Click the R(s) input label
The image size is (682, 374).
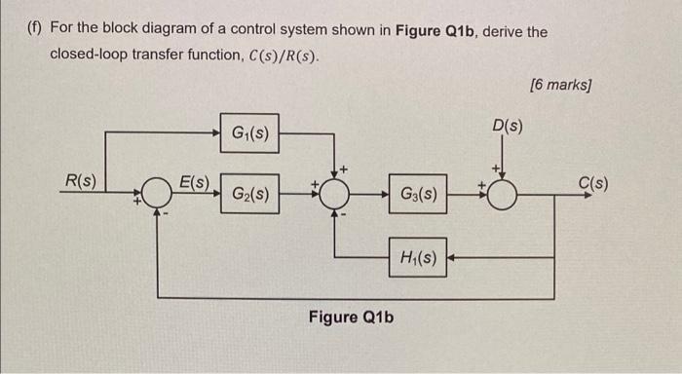pyautogui.click(x=80, y=180)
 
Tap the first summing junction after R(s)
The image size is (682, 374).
pyautogui.click(x=158, y=193)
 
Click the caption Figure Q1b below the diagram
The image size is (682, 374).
pyautogui.click(x=352, y=318)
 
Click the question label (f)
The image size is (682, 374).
pyautogui.click(x=34, y=32)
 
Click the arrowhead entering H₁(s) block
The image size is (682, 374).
pyautogui.click(x=453, y=258)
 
